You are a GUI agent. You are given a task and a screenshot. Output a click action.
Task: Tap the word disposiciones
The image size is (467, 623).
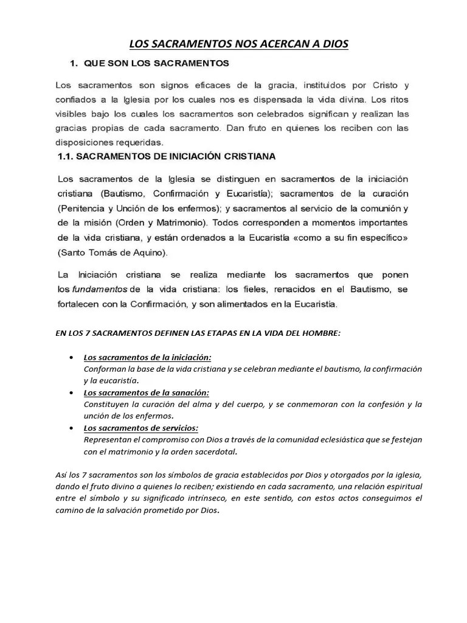tap(84, 143)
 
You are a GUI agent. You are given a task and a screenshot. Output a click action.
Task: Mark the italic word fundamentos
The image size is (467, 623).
tap(100, 289)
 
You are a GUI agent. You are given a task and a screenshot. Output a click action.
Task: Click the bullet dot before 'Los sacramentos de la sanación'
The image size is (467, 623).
tap(73, 393)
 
